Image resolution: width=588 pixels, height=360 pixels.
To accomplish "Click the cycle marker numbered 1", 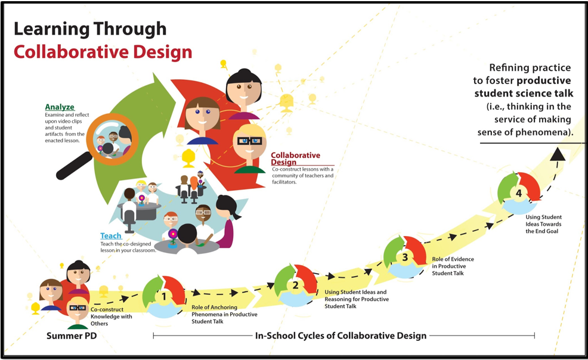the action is point(164,297).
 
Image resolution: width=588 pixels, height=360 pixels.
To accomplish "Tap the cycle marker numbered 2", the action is point(296,285).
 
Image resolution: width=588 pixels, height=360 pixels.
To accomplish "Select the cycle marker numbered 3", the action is point(405,257).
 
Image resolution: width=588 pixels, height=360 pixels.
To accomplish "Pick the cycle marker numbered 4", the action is point(519,193).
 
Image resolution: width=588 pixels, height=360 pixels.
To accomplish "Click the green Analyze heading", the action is point(60,107).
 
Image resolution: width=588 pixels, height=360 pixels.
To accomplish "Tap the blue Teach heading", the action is point(111,235).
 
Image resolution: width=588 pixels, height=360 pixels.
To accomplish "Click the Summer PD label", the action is point(72,336).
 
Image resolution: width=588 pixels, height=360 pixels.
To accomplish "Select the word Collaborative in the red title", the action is point(71,52).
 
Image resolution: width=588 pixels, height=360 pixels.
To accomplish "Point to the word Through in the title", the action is point(130,29).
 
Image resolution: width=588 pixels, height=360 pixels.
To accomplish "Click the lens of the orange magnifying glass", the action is point(112,139).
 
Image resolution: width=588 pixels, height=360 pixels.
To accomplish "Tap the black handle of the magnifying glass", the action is point(74,166).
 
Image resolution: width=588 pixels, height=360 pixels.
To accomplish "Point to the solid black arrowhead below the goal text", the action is point(558,154).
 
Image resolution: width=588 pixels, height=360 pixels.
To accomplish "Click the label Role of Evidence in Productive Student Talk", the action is point(453,266).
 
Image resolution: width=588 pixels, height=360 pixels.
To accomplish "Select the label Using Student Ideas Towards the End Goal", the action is point(543,224).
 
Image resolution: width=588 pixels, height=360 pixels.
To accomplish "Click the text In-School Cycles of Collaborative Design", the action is point(341,336).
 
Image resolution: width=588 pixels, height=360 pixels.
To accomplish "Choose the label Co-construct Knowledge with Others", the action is point(112,316).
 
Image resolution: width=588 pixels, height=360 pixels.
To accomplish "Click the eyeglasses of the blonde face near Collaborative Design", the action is point(249,141).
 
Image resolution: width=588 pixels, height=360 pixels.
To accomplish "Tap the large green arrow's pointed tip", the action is point(175,99).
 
